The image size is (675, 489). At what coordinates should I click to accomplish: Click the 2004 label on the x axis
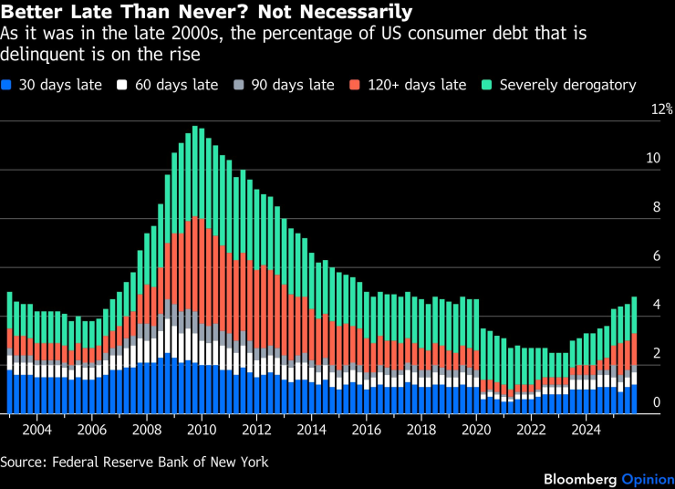[x=36, y=429]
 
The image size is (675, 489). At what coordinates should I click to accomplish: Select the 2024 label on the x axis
[x=587, y=429]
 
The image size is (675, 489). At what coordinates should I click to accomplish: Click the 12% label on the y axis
[x=649, y=109]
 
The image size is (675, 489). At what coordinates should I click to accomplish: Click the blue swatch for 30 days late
[x=8, y=85]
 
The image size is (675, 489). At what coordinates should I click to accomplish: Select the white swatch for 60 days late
[x=120, y=85]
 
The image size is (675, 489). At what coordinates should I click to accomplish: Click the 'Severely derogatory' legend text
[x=567, y=85]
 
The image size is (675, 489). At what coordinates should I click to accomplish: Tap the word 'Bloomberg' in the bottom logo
[x=580, y=479]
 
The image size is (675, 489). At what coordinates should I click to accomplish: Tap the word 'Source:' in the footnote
[x=25, y=462]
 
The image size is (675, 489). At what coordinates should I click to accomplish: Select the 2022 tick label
[x=531, y=429]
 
